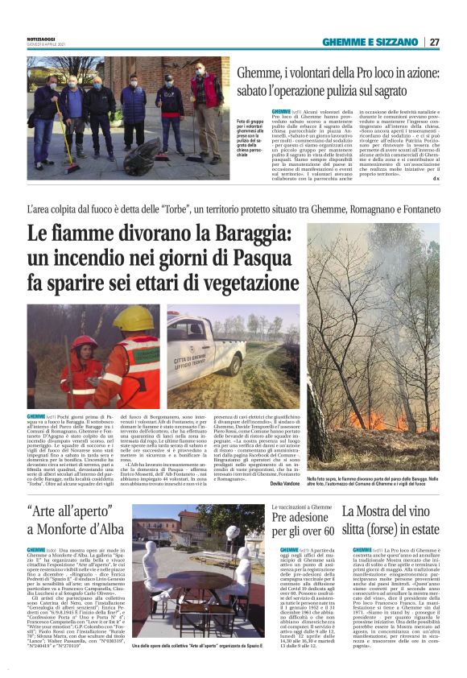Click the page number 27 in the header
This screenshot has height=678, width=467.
coord(434,42)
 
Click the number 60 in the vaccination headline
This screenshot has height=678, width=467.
coord(324,531)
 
